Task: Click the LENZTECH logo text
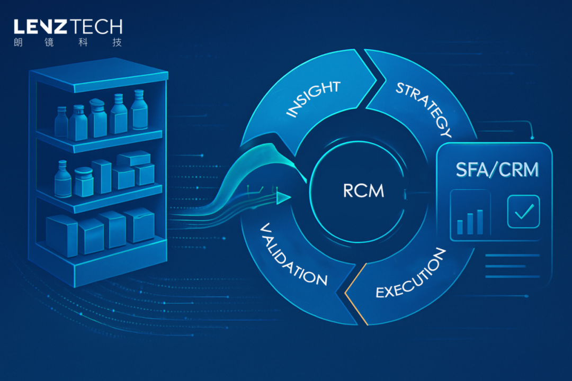[x=68, y=27]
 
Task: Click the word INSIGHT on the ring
[x=313, y=98]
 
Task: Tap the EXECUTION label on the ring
[x=411, y=274]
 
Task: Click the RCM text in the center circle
[x=363, y=190]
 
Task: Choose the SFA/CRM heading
[x=497, y=169]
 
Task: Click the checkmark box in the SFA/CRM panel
[x=523, y=212]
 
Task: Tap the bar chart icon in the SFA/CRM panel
[x=470, y=221]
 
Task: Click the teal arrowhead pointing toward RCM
[x=283, y=197]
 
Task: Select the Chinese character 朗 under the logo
[x=18, y=43]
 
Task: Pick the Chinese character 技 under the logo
[x=117, y=43]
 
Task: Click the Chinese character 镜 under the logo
[x=49, y=43]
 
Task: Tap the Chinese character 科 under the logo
[x=83, y=43]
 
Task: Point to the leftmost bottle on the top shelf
[x=61, y=122]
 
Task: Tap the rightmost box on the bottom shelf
[x=139, y=225]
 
